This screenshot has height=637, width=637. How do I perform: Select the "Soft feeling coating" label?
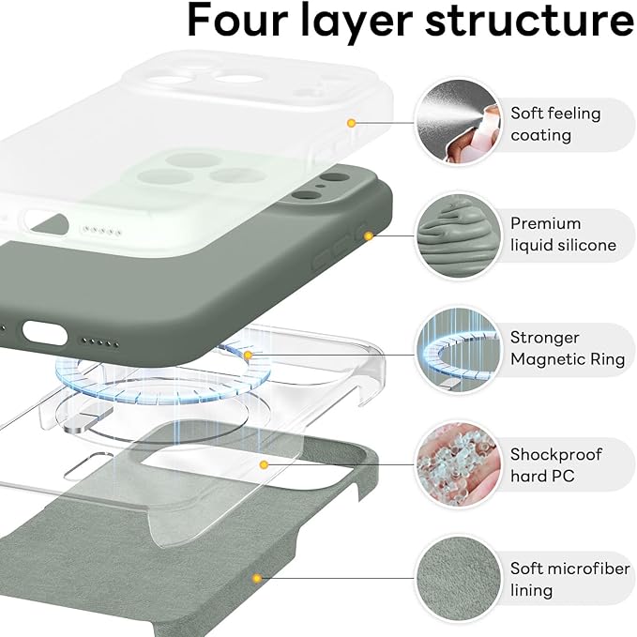coord(555,124)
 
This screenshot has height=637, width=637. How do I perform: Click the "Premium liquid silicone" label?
coord(563,235)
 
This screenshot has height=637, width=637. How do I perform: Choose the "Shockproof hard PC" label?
coord(556,465)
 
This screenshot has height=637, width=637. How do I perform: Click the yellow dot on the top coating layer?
coord(351,123)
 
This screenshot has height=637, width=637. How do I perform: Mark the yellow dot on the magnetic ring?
coord(248,356)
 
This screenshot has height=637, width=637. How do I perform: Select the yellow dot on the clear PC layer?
coord(265,464)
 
